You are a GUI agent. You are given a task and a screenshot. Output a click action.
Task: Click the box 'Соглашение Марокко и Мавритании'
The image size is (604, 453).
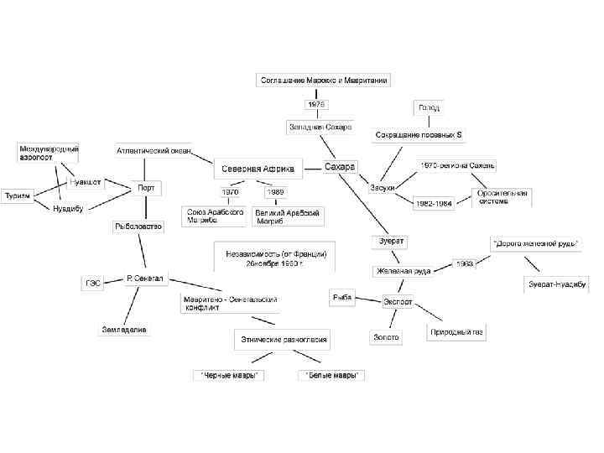(x=323, y=80)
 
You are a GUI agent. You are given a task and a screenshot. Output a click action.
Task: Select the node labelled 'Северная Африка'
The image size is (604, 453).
(x=258, y=169)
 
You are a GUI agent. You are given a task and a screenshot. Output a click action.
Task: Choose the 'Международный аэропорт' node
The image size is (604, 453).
(x=49, y=152)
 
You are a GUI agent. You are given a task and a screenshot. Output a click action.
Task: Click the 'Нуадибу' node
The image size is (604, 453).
(x=68, y=208)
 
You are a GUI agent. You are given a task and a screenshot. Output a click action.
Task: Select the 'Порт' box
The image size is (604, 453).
(x=146, y=188)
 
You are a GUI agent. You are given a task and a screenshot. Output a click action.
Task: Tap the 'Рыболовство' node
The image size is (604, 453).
(x=139, y=226)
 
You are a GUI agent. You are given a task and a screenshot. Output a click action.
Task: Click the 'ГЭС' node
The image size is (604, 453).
(x=92, y=283)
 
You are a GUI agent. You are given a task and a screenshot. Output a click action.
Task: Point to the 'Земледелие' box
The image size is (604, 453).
(x=125, y=330)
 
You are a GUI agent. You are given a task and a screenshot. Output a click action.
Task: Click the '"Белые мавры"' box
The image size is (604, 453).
(x=331, y=375)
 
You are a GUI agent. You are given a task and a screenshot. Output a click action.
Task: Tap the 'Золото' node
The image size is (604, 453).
(x=385, y=337)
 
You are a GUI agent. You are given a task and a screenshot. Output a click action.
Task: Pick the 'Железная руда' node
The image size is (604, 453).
(x=402, y=271)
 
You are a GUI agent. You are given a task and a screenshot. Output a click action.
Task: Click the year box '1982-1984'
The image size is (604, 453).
(x=435, y=202)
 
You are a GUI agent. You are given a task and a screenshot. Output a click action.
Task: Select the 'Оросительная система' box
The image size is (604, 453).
(x=502, y=197)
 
